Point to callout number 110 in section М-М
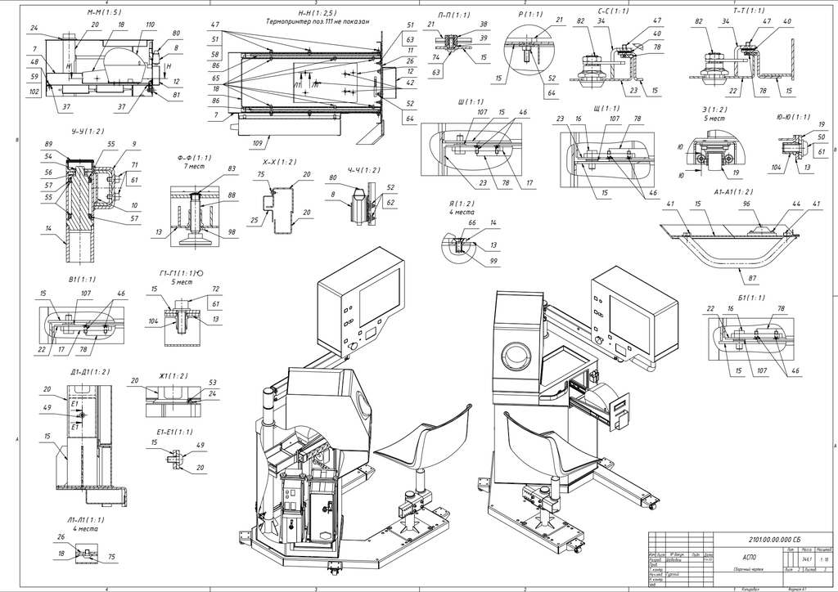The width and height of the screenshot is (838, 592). pos(150,25)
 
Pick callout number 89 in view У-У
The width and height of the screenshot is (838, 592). pos(49,143)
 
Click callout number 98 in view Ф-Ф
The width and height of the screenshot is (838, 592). pos(231,232)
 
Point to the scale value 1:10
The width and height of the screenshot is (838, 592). pos(820,559)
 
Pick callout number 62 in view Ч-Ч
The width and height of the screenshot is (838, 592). pos(390,201)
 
